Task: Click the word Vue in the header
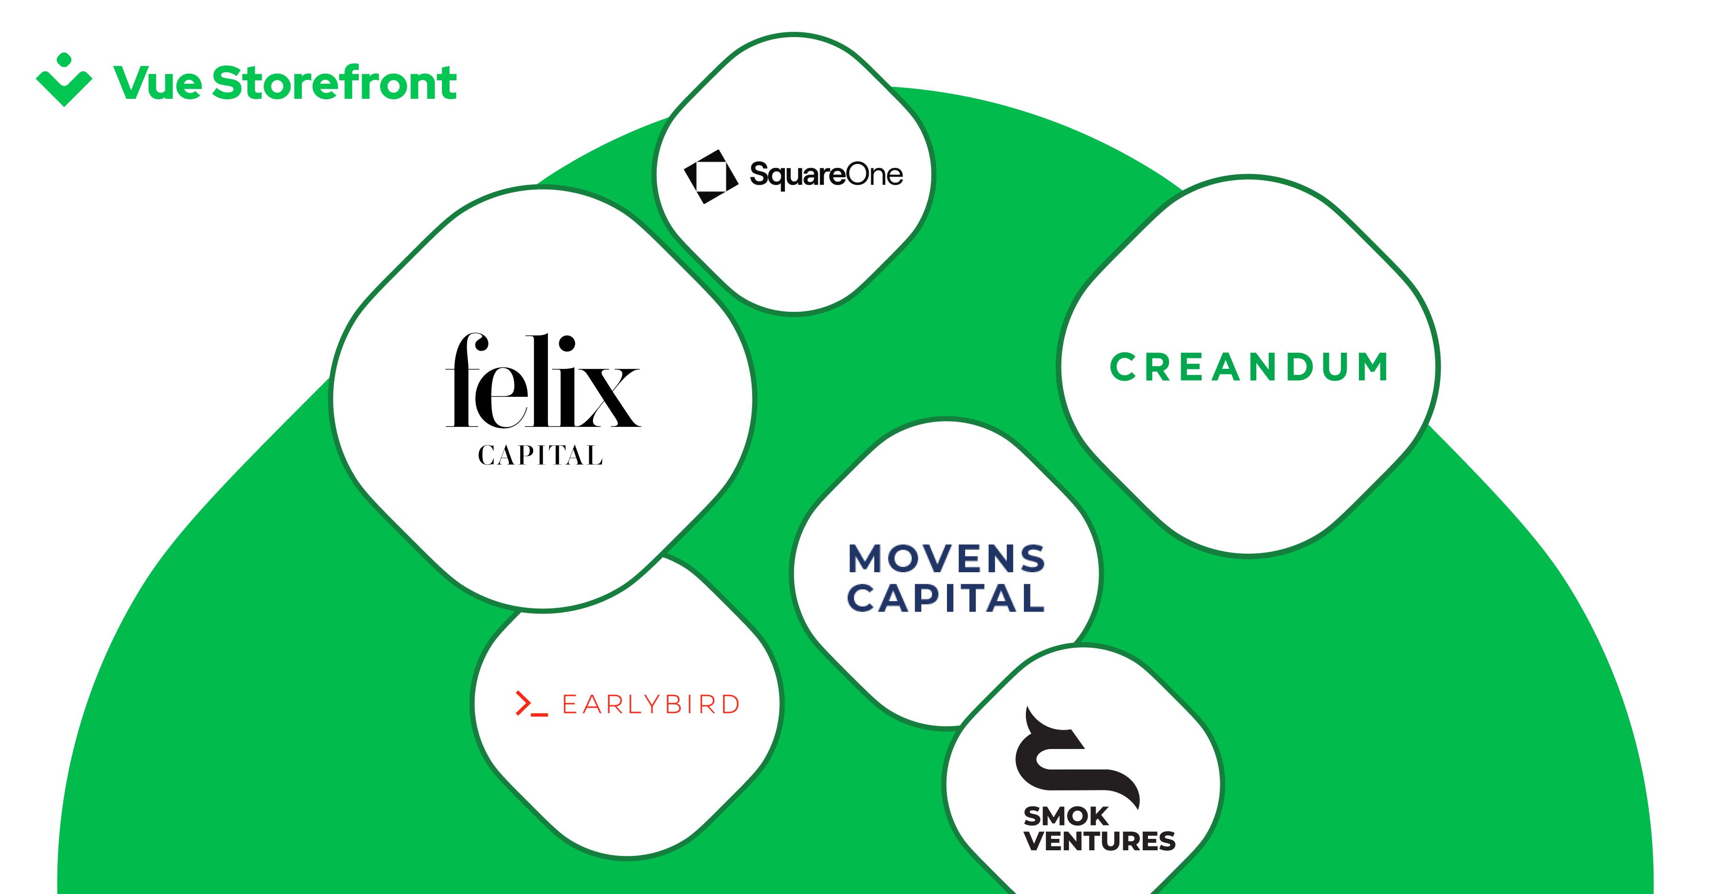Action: pyautogui.click(x=157, y=84)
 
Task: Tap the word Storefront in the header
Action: pyautogui.click(x=334, y=83)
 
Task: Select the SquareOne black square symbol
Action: pyautogui.click(x=711, y=176)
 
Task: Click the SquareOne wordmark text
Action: pyautogui.click(x=826, y=175)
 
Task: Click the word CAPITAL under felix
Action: pyautogui.click(x=540, y=456)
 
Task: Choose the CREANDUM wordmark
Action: pyautogui.click(x=1249, y=367)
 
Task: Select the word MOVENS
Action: pyautogui.click(x=946, y=558)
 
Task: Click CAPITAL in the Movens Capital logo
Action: pyautogui.click(x=946, y=598)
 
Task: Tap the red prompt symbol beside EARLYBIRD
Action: pyautogui.click(x=531, y=704)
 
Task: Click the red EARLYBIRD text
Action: pyautogui.click(x=651, y=704)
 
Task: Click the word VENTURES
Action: pyautogui.click(x=1099, y=841)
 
